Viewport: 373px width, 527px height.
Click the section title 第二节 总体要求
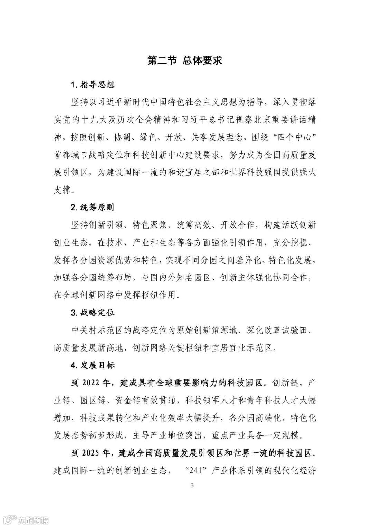click(184, 60)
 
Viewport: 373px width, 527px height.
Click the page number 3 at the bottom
click(192, 486)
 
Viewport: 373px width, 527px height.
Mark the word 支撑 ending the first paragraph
click(62, 190)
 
